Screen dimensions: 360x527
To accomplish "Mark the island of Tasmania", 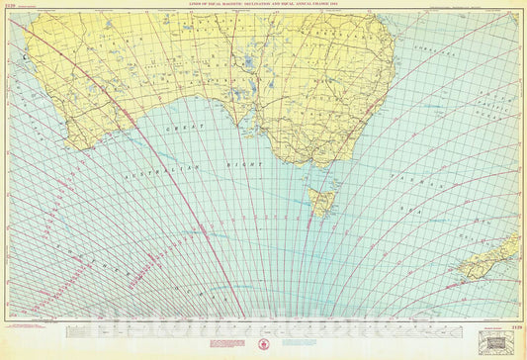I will coord(322,203).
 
